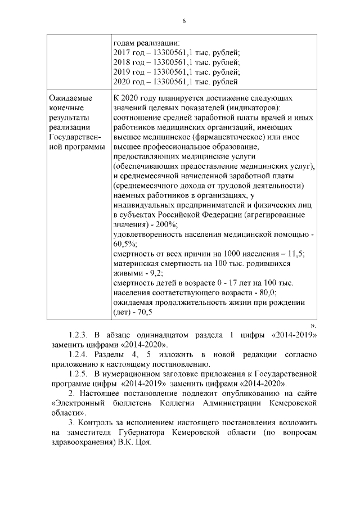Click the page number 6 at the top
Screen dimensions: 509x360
[183, 21]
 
